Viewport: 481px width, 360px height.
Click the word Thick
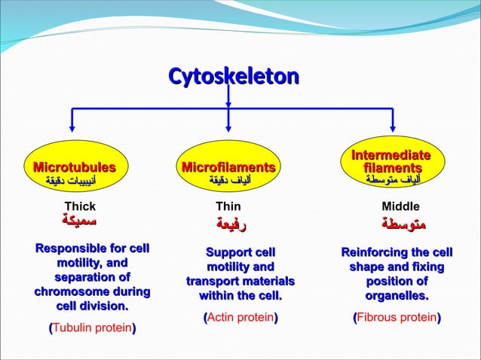pos(81,206)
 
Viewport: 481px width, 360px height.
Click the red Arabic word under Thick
pos(81,221)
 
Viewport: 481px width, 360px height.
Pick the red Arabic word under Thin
pos(231,224)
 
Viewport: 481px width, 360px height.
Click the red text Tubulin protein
pos(92,329)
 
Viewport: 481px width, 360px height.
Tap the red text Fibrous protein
pos(397,318)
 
